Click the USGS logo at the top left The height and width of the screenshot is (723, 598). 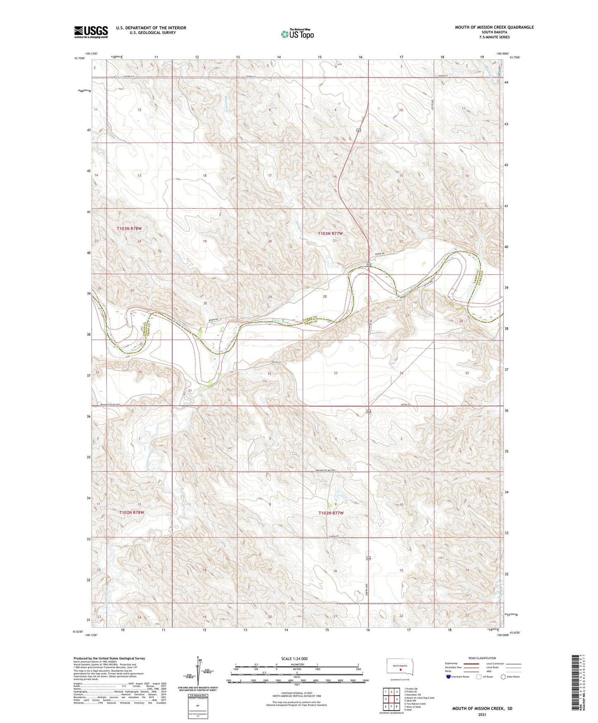91,32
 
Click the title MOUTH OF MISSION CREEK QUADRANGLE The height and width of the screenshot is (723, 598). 494,27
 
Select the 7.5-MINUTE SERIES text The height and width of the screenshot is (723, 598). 494,37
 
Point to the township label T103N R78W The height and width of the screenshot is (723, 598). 129,229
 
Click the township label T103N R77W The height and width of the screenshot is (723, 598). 330,234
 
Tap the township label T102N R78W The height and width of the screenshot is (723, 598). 132,512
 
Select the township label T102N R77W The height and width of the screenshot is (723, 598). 331,513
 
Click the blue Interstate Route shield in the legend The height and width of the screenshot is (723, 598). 449,677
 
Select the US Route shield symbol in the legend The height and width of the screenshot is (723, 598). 479,677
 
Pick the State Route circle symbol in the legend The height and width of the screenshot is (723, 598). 503,677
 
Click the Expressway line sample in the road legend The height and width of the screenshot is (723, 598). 471,663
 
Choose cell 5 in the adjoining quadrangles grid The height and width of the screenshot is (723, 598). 396,699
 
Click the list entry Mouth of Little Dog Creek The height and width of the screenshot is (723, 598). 419,698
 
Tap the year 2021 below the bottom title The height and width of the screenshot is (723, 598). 482,715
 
